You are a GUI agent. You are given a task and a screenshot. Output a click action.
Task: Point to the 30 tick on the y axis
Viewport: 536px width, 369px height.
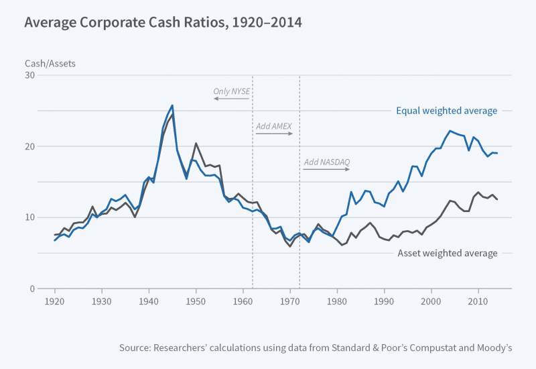coord(29,75)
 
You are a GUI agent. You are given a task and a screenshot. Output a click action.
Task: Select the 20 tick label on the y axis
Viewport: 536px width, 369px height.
coord(29,146)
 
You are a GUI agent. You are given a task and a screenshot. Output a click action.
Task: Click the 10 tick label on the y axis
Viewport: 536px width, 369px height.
coord(29,217)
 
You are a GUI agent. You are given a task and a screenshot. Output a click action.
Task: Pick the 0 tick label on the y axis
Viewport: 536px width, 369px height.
coord(32,289)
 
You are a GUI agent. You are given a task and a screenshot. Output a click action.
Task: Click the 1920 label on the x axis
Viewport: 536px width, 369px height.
coord(55,301)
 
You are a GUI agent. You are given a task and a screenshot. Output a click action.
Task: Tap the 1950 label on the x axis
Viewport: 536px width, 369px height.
coord(196,301)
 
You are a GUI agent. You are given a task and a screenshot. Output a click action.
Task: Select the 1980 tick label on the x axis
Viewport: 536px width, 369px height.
coord(337,301)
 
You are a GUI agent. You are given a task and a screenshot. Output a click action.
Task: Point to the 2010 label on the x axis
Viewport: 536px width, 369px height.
coord(478,301)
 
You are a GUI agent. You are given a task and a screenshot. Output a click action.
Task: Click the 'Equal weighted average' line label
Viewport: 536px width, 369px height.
coord(447,111)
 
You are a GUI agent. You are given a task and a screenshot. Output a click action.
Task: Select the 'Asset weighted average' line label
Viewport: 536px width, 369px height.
coord(448,253)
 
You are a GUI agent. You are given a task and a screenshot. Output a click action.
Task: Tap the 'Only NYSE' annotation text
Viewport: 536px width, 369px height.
coord(231,91)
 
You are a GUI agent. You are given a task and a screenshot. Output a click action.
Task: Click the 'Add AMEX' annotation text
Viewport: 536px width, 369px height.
coord(273,125)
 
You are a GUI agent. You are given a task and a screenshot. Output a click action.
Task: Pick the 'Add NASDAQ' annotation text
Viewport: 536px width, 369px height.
coord(327,162)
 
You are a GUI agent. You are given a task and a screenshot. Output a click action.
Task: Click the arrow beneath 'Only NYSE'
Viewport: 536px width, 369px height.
coord(231,99)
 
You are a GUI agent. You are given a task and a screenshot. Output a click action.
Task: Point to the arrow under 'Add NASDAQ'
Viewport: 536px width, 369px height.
coord(326,169)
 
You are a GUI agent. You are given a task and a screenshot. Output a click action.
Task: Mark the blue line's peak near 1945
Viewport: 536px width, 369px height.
coord(172,105)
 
